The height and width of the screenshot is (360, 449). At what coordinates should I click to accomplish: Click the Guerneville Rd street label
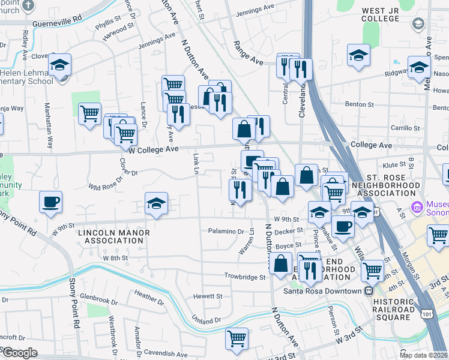pos(53,19)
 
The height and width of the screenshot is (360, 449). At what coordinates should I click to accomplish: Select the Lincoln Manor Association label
pos(110,235)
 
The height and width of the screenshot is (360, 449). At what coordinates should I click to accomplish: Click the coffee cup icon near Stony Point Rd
pos(50,202)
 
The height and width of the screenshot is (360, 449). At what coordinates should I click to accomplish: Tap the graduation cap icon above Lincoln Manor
pos(156,204)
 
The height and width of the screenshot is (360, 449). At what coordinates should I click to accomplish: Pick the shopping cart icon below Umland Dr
pos(237,338)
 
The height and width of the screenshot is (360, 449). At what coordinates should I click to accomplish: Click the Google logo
pos(19,353)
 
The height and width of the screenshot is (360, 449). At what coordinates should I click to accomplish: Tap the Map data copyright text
pos(423,355)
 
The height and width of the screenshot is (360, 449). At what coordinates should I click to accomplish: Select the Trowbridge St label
pos(245,277)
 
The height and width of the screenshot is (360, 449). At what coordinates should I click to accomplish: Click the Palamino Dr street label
pos(225,231)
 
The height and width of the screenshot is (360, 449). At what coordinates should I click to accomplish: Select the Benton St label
pos(360,104)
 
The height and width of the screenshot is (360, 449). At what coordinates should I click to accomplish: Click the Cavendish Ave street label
pos(165,353)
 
